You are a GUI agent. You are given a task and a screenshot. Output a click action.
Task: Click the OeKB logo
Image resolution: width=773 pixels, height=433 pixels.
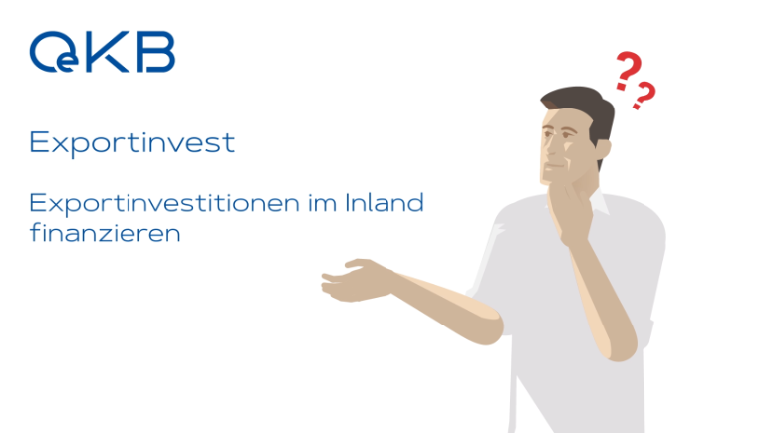102,52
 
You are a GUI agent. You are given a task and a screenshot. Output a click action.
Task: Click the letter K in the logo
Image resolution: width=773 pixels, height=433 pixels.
108,52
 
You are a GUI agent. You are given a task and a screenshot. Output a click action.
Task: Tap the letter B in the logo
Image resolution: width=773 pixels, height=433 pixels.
155,52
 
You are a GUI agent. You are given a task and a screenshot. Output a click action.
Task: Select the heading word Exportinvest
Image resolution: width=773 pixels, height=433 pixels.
132,143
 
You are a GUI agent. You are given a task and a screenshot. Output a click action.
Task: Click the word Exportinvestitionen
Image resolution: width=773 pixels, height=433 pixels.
164,204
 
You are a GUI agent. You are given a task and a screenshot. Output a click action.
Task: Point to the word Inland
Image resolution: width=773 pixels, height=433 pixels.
385,202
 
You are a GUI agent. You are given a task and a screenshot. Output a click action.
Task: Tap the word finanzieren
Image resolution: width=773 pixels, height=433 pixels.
105,233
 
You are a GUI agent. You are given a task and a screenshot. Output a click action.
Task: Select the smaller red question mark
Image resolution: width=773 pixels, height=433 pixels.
644,96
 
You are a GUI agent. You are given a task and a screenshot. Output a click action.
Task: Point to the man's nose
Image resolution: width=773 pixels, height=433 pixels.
546,147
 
